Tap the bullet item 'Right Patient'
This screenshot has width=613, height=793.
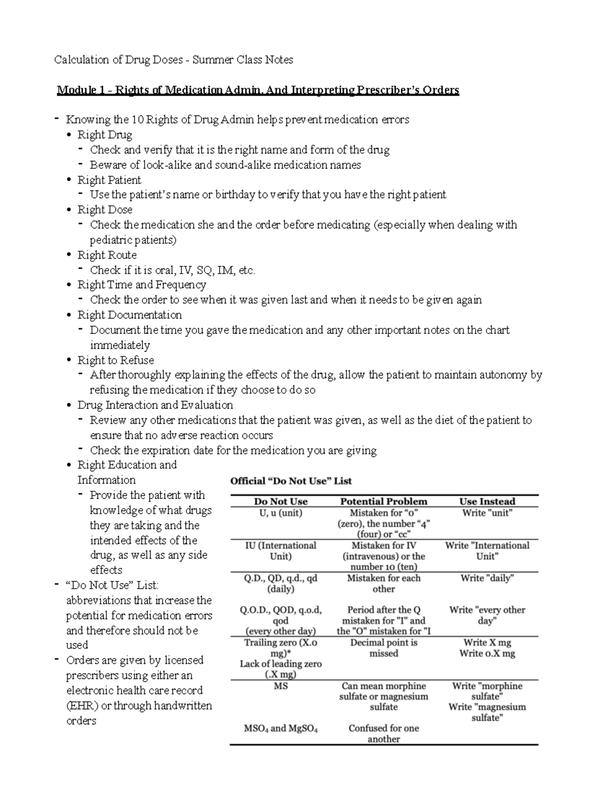109,180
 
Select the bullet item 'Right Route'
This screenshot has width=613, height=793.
107,255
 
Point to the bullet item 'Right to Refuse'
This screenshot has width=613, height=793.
115,360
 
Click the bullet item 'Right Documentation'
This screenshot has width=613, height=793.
129,315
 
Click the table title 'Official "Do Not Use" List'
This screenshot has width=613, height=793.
291,481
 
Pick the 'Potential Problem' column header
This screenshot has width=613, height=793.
384,501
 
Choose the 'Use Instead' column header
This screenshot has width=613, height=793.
487,501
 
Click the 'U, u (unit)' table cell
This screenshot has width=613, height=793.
280,513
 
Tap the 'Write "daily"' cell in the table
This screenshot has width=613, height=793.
487,578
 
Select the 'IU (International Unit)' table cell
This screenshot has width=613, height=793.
280,550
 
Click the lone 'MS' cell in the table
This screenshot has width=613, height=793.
280,686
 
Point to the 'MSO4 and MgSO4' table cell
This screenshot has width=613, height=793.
280,729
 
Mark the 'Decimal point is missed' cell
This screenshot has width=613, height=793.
384,647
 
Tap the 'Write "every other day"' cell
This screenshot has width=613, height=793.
487,615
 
